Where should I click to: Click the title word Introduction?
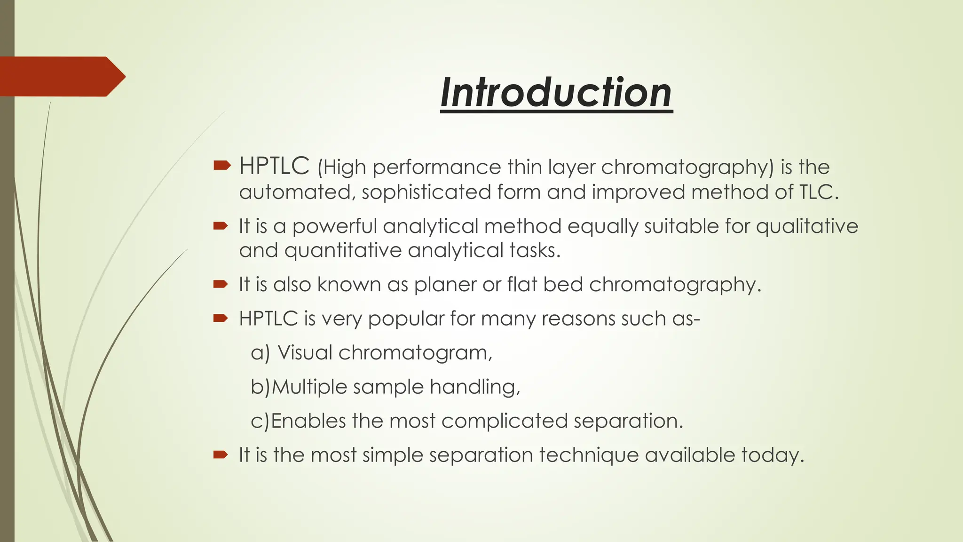556,93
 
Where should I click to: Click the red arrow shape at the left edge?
61,77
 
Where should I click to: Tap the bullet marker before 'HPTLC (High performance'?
221,165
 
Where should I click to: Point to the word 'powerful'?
334,227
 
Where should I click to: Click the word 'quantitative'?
343,250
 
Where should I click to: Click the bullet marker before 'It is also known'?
221,284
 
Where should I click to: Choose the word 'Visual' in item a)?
305,352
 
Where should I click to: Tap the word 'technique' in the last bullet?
589,455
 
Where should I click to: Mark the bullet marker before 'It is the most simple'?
221,454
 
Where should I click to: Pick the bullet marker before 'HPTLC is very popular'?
221,319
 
